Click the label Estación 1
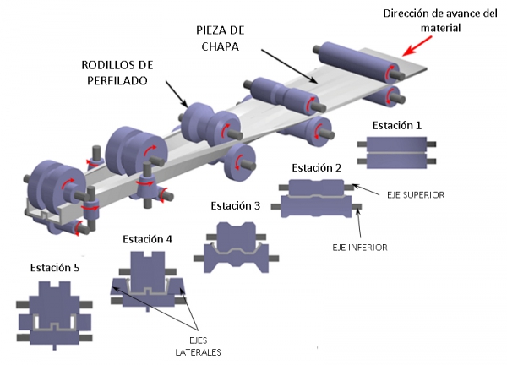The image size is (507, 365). click(x=397, y=125)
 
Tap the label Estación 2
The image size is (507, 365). click(x=317, y=168)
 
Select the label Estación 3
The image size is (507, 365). click(x=236, y=205)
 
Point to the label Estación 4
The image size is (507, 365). click(x=147, y=239)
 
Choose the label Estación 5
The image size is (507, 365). click(x=55, y=268)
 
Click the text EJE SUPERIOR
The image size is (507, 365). click(x=416, y=195)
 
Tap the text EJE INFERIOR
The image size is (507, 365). click(x=360, y=248)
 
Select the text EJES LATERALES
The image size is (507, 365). click(x=198, y=346)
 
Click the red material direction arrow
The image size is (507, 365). click(x=417, y=46)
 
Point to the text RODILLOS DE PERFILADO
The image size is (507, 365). click(x=117, y=73)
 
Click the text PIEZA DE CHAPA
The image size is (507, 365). click(x=221, y=39)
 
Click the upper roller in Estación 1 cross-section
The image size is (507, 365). click(x=397, y=144)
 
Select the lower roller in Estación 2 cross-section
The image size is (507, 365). click(x=317, y=206)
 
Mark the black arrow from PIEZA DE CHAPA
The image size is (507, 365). click(x=290, y=67)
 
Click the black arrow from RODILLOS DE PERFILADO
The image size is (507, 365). click(x=177, y=94)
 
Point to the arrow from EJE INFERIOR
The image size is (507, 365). click(x=358, y=223)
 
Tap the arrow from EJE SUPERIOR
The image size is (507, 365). click(x=366, y=190)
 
